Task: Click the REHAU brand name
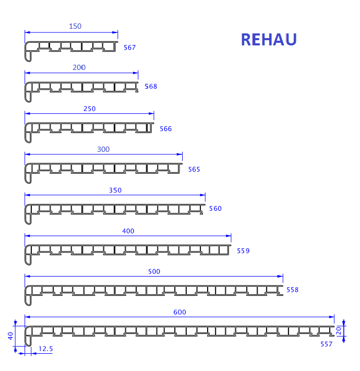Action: [269, 39]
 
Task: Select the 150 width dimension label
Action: [75, 26]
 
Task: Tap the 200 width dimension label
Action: [79, 67]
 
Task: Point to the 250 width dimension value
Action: [90, 109]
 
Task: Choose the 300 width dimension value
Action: [103, 149]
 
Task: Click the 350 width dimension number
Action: [115, 190]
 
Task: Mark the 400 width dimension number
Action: [128, 231]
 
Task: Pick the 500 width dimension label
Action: [154, 271]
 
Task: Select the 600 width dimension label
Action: [180, 312]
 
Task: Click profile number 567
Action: [129, 47]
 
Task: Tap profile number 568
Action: [151, 87]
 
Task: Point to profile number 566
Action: [165, 129]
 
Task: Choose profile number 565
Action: [194, 170]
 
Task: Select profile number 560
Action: [215, 208]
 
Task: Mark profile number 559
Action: [243, 251]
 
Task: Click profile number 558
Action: [292, 290]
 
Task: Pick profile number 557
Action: [327, 344]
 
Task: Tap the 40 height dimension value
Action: [10, 336]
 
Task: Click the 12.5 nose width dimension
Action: [45, 349]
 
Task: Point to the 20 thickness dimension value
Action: [339, 330]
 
